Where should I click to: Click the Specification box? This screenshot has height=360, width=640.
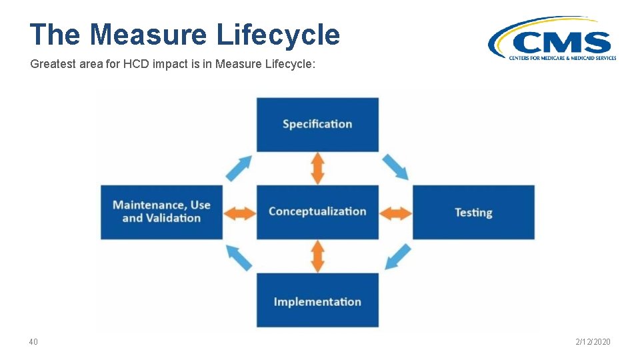click(317, 125)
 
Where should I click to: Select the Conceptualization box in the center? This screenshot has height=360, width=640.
click(317, 212)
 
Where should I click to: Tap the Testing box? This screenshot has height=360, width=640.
click(473, 212)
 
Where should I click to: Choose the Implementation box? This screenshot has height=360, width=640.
click(317, 301)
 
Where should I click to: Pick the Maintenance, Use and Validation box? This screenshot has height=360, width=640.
click(161, 212)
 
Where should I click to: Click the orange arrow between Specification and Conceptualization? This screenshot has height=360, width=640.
click(318, 168)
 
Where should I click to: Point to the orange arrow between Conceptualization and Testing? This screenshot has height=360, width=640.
click(396, 213)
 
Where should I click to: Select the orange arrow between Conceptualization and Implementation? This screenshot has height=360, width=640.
click(318, 256)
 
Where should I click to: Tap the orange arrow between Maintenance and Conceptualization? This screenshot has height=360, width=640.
click(239, 213)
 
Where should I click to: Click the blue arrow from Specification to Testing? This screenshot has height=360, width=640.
click(395, 167)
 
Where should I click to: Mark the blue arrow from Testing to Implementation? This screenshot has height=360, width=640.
click(398, 257)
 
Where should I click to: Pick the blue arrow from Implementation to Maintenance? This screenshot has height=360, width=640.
click(239, 257)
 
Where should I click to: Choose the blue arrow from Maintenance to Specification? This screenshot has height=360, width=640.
click(239, 167)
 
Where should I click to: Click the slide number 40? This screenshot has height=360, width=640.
click(33, 342)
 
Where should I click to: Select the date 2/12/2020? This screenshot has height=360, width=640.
click(593, 342)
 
